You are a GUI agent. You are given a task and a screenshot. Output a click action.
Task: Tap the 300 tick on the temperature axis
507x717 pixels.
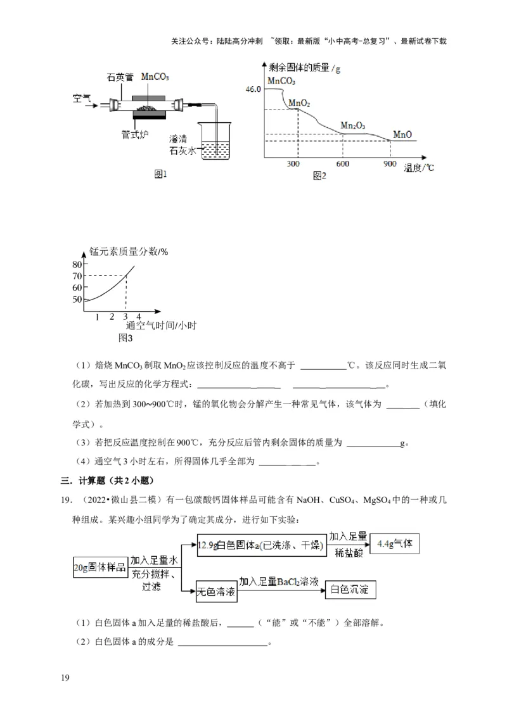(293, 164)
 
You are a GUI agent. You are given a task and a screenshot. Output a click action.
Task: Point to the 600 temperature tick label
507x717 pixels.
(343, 164)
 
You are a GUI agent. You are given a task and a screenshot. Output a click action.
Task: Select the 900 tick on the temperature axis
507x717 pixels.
(390, 164)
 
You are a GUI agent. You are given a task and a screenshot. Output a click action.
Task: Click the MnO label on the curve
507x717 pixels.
(402, 134)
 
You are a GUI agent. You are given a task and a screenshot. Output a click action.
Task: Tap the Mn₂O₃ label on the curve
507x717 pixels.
(352, 125)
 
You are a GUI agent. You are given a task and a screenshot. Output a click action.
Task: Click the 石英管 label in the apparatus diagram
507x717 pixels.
(120, 77)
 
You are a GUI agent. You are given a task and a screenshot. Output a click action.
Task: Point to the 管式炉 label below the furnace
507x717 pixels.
(134, 134)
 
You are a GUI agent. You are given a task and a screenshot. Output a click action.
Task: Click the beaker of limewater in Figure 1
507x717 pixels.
(216, 143)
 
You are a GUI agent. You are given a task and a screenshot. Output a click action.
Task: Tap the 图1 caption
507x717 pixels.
(160, 174)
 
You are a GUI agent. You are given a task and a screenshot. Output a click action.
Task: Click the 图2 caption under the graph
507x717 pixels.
(319, 175)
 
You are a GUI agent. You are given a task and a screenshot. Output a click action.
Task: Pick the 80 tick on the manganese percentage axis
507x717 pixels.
(77, 264)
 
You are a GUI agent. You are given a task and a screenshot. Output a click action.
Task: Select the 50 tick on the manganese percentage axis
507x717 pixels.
(77, 300)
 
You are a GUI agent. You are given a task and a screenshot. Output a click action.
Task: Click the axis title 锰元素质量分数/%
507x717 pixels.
(129, 251)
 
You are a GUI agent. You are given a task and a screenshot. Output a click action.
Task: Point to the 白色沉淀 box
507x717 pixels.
(350, 590)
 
